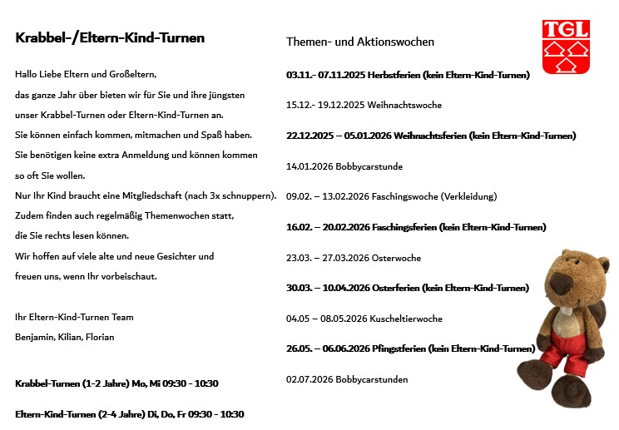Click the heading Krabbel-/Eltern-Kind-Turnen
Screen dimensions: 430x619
point(110,38)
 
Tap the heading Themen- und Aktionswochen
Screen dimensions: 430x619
point(360,42)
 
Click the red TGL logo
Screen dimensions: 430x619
point(566,46)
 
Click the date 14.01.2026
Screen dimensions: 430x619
point(309,166)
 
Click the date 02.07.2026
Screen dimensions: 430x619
point(309,380)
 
